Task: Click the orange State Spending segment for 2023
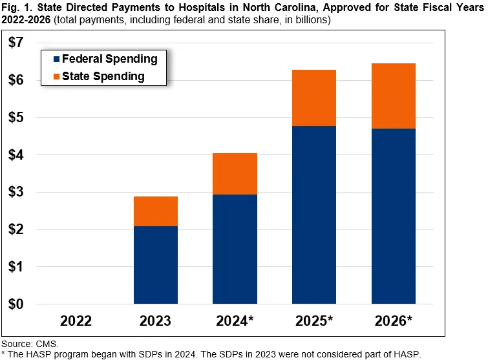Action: pos(156,211)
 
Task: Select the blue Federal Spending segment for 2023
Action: pos(156,265)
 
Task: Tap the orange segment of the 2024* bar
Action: pos(235,174)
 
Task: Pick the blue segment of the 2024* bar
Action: pos(235,249)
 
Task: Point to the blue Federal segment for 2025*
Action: pos(314,215)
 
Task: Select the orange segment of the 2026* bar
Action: pos(394,96)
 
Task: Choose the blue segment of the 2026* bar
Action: pos(394,216)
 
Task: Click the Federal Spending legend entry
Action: pos(109,59)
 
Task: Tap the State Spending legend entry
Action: pos(103,77)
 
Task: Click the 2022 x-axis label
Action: pos(76,321)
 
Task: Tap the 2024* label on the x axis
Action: pos(235,321)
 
